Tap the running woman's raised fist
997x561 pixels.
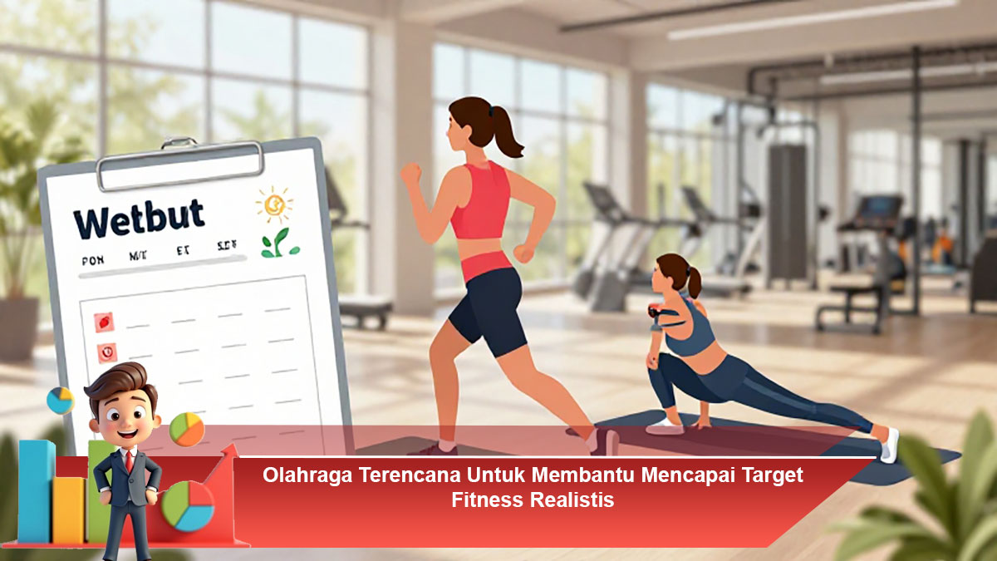coord(410,174)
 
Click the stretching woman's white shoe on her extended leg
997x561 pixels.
coord(889,444)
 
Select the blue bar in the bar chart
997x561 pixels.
coord(36,490)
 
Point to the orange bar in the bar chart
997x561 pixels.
coord(68,509)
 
